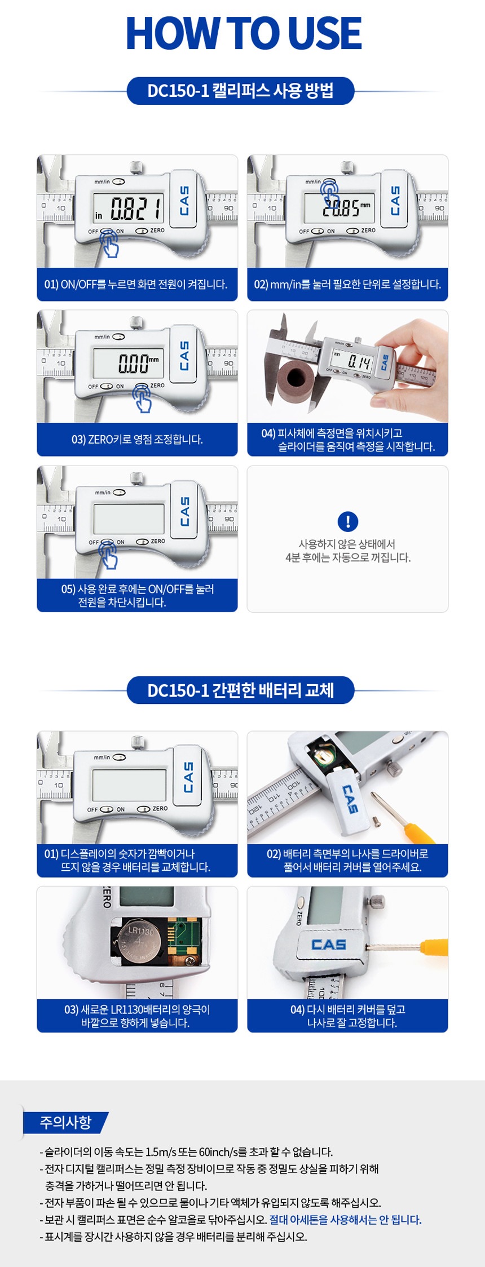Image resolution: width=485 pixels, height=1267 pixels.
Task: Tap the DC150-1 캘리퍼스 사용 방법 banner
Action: (x=241, y=91)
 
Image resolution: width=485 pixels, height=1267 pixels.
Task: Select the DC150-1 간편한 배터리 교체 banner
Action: (x=241, y=690)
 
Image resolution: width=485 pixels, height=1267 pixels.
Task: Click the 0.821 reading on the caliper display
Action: (x=136, y=209)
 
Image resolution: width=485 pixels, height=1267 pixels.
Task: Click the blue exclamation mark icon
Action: (x=348, y=521)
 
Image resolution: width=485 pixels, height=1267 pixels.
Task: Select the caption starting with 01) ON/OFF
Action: (x=136, y=285)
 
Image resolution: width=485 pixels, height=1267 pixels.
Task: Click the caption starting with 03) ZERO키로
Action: (x=137, y=440)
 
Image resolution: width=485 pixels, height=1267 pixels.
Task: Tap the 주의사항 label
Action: (x=65, y=1123)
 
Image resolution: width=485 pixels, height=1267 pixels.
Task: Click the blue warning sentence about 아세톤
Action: (x=345, y=1220)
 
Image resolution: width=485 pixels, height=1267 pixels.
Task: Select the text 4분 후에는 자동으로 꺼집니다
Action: (x=348, y=557)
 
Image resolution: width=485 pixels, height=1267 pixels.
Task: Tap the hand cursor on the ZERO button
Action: (x=142, y=398)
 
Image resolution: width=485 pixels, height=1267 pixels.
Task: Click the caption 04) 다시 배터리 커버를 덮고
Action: (x=348, y=1009)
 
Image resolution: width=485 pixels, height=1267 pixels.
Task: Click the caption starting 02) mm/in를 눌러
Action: (x=347, y=285)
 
